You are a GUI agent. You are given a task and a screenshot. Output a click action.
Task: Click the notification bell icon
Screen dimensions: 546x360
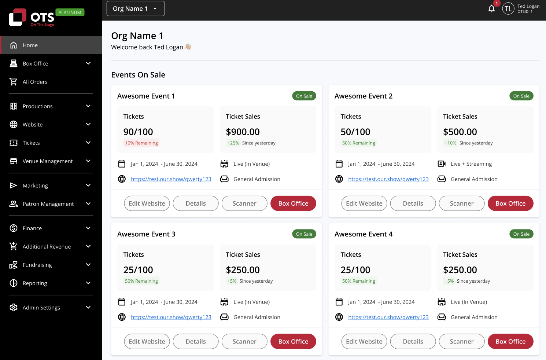pos(491,9)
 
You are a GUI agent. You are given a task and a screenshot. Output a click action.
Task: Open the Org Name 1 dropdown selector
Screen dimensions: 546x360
pos(136,8)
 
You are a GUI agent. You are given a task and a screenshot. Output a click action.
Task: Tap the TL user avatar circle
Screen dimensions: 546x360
pos(508,9)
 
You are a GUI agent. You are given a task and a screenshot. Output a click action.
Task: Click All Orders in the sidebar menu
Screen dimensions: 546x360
pos(35,82)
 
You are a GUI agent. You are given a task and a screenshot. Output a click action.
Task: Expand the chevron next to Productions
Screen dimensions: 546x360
pos(88,106)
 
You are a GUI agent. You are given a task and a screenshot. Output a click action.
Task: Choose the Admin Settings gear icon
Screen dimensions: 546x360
pos(14,307)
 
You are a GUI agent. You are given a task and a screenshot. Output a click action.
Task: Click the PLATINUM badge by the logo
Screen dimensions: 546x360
pos(70,12)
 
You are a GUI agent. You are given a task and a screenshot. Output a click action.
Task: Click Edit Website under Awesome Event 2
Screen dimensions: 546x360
pos(364,203)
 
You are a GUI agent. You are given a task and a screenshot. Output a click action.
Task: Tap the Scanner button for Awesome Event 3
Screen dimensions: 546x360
pos(244,341)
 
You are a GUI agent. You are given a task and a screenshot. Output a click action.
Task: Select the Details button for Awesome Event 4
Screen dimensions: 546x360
pos(413,341)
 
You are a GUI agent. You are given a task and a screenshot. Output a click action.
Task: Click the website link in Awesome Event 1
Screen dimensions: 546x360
pos(171,179)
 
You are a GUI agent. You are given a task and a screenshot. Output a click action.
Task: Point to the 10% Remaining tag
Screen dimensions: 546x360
pos(141,143)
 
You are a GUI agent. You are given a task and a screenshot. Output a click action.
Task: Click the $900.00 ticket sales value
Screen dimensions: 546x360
pos(243,132)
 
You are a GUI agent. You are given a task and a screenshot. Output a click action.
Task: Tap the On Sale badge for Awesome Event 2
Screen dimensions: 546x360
pos(521,96)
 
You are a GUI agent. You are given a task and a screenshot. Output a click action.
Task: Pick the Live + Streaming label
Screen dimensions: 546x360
pos(471,164)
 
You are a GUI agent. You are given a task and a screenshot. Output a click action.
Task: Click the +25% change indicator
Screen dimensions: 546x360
pos(233,143)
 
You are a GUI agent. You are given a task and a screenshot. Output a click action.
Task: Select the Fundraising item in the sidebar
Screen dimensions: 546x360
pos(37,265)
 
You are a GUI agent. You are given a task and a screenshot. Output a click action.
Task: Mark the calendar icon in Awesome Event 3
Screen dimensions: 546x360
pos(122,302)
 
